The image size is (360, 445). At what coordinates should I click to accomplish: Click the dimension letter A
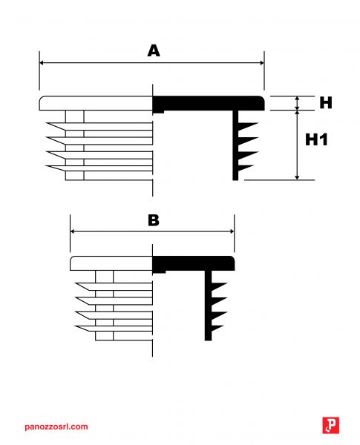pyautogui.click(x=154, y=50)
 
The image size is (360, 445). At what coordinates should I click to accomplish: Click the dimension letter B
pyautogui.click(x=154, y=220)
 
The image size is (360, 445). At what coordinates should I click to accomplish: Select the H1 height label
pyautogui.click(x=316, y=139)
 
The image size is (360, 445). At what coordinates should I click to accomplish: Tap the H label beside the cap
pyautogui.click(x=326, y=102)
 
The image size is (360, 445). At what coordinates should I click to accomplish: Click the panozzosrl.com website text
pyautogui.click(x=56, y=426)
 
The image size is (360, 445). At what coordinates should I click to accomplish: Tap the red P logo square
pyautogui.click(x=331, y=425)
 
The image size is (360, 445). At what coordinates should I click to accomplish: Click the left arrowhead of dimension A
pyautogui.click(x=42, y=63)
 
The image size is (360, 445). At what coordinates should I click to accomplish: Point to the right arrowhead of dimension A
pyautogui.click(x=262, y=63)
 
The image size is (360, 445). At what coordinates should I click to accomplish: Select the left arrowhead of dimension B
pyautogui.click(x=73, y=231)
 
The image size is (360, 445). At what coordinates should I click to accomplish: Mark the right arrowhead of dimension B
pyautogui.click(x=232, y=231)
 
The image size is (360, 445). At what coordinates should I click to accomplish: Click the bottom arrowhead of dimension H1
pyautogui.click(x=297, y=177)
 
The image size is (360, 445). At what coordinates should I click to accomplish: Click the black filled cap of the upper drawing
pyautogui.click(x=209, y=104)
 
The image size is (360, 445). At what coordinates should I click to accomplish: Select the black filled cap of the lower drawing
pyautogui.click(x=194, y=263)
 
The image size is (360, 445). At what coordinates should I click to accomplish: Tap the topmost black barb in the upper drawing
pyautogui.click(x=248, y=126)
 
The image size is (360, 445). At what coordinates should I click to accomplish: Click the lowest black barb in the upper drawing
pyautogui.click(x=246, y=168)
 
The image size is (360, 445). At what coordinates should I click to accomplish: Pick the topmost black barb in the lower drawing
pyautogui.click(x=219, y=286)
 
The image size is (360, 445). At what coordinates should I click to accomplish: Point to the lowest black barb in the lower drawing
pyautogui.click(x=217, y=329)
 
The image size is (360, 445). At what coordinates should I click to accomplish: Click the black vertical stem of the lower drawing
pyautogui.click(x=209, y=306)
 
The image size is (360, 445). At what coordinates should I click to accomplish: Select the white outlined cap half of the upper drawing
pyautogui.click(x=96, y=103)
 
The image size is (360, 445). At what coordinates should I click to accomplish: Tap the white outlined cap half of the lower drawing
pyautogui.click(x=111, y=263)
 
